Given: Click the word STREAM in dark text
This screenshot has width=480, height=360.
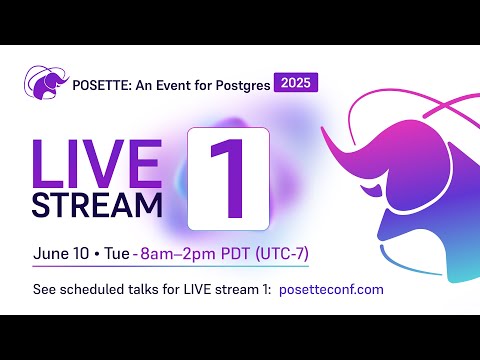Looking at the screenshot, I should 98,203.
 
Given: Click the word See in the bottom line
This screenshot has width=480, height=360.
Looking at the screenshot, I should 45,289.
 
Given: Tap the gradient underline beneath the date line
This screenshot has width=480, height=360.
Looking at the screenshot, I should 170,265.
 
